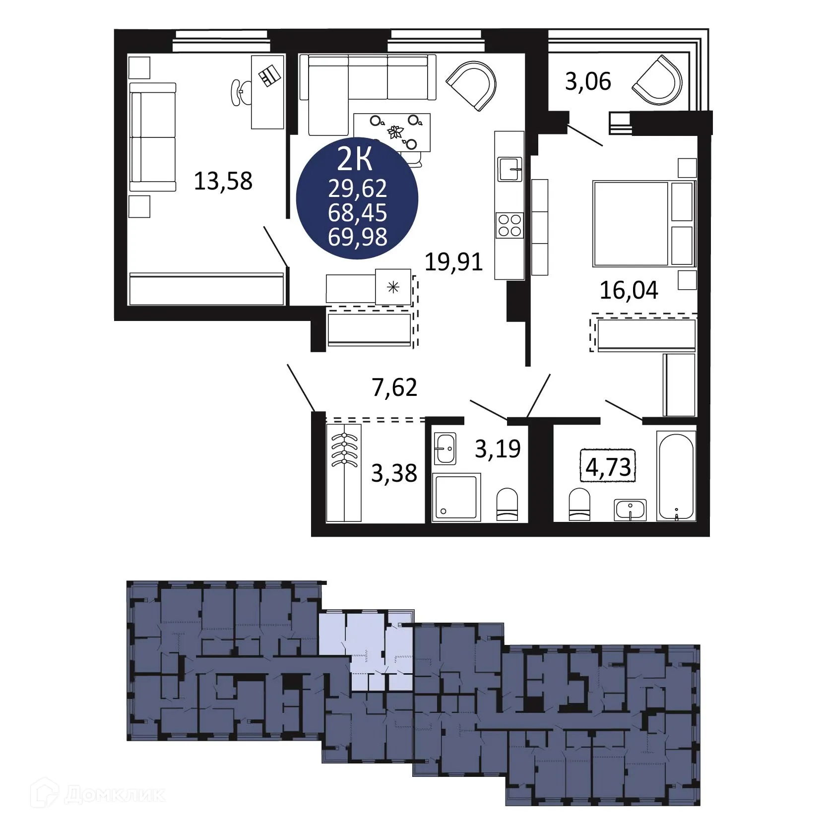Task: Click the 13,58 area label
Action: coord(223,181)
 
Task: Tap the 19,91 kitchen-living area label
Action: coord(453,261)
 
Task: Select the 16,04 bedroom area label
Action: coord(629,290)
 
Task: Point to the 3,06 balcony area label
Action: coord(588,81)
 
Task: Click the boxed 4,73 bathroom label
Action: coord(608,466)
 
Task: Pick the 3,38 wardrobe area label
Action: coord(394,473)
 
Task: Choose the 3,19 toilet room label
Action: coord(498,448)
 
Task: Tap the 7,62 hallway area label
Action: coord(394,387)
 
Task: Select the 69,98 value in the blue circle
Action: coord(357,237)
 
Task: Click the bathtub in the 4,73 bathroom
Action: coord(676,475)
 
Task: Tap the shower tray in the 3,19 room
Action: coord(456,497)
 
